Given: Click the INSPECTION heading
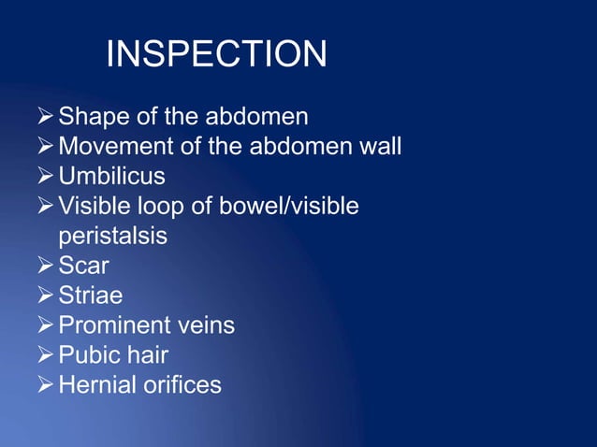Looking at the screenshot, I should tap(216, 55).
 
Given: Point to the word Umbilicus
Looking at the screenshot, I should tap(111, 176).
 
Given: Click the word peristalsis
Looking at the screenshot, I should tap(112, 236).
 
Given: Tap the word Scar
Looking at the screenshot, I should tap(83, 266).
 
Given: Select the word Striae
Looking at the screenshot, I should tap(90, 296).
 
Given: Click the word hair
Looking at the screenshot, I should tap(150, 355).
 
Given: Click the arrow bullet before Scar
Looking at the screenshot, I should tap(45, 266).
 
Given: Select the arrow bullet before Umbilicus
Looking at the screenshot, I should tap(45, 176).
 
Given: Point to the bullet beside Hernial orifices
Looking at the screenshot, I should tap(45, 384).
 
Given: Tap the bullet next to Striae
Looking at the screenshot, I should tap(45, 296).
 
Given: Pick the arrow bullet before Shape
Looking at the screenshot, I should tap(45, 118).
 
